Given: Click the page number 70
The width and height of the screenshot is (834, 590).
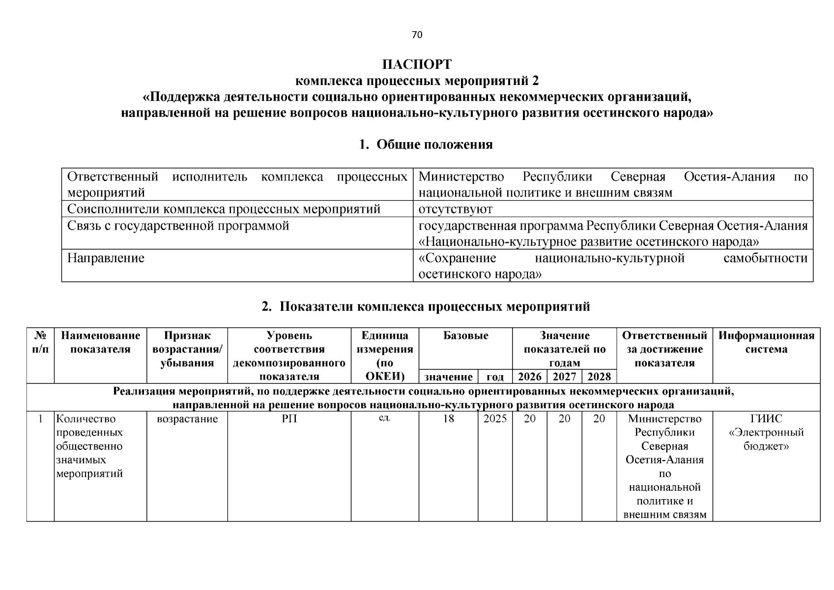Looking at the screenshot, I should (x=417, y=34).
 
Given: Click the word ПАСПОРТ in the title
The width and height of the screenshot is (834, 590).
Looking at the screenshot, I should (x=417, y=64).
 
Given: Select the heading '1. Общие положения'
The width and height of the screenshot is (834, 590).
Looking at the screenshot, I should (x=426, y=145).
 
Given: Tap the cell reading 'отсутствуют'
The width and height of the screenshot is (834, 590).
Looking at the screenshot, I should (x=455, y=209).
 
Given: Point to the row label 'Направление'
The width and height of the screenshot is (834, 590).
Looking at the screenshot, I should (x=106, y=258).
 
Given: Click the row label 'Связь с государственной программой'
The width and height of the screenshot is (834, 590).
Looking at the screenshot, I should (x=178, y=226).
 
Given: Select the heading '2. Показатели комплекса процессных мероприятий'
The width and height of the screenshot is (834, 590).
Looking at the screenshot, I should (x=426, y=307).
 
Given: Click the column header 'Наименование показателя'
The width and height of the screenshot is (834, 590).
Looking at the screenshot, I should (x=100, y=343).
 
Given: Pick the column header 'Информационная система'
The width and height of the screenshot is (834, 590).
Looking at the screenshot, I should (x=766, y=343).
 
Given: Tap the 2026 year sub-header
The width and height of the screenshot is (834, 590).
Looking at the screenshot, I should (x=530, y=377).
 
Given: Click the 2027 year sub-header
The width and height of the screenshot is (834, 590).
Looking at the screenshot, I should (x=564, y=377).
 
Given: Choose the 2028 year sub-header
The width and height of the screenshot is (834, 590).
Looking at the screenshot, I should (x=599, y=377).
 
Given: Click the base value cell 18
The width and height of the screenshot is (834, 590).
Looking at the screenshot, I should (x=448, y=419).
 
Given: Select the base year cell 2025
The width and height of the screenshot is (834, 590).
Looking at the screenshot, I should (x=495, y=419).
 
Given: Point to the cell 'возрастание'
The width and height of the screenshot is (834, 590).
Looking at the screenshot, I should (x=187, y=419).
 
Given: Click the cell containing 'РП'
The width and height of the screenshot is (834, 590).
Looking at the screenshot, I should (x=289, y=419).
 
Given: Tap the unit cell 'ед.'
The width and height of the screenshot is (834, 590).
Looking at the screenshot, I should (x=384, y=418).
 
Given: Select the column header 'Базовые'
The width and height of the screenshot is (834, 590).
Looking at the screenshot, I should (x=465, y=336).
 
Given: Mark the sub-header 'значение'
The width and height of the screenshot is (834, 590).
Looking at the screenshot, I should (x=448, y=377).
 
